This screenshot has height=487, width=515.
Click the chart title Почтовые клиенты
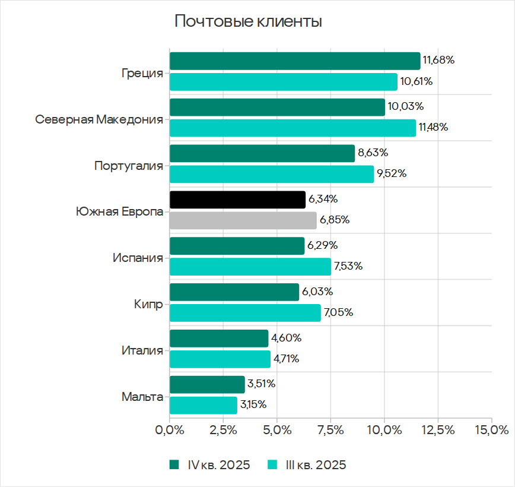coord(248,22)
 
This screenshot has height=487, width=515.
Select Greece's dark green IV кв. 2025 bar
coord(294,61)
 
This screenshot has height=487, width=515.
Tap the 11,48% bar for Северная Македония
coord(293,128)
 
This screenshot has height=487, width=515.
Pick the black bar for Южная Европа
coord(237,200)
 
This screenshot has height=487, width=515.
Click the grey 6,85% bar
coord(243,220)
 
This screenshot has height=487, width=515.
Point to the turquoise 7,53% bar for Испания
coord(250,267)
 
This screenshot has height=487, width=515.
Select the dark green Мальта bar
coord(207,384)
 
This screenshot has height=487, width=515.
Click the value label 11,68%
coord(438,60)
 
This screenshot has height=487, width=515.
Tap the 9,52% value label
coord(391,174)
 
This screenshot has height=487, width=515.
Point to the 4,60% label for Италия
coord(287,339)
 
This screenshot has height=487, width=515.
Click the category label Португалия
coord(128,166)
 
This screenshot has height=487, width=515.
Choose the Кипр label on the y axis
coord(148,305)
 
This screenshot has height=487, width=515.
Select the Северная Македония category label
coord(98,119)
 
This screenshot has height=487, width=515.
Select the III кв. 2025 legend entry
coord(307,465)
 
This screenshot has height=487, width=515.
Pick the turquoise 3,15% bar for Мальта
coord(203,405)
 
